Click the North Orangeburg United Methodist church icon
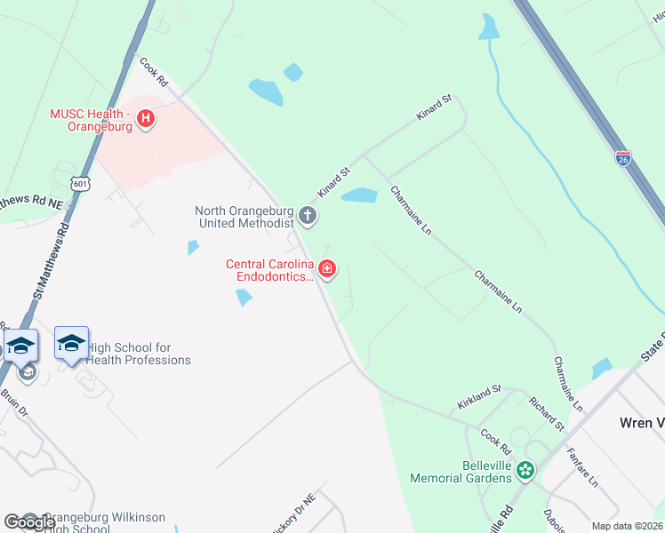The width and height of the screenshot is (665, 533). pos(307,216)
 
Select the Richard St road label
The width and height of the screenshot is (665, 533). pos(546,414)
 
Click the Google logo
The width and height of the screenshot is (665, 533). pos(29,522)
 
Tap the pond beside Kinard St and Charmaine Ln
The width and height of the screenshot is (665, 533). pos(359,195)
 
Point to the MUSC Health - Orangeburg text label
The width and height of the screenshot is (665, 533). pos(91,120)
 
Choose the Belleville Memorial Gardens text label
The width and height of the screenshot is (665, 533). pos(461,472)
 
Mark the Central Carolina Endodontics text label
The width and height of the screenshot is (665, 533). pos(270,270)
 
